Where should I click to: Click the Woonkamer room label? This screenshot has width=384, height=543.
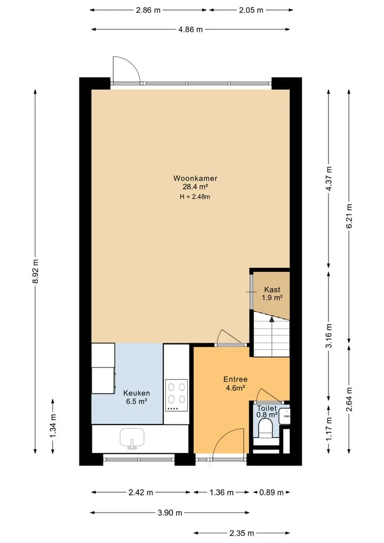point(195,178)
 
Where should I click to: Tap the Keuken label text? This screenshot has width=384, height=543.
point(137,393)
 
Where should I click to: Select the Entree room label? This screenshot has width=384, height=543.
point(235,379)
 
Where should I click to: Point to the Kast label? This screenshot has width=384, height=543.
point(272,289)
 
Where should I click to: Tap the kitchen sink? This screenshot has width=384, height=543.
point(132,438)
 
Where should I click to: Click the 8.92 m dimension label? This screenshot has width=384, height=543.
point(35,271)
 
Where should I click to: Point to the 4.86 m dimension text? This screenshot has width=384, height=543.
point(190,29)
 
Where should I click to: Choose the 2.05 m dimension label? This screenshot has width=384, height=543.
point(251,10)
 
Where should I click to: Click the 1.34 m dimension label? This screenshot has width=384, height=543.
point(53,425)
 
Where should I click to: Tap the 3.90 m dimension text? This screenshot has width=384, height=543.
point(170,513)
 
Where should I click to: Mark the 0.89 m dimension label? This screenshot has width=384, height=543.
point(271,492)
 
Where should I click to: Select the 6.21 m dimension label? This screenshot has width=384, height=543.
point(349,216)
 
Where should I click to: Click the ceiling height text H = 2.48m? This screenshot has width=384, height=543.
point(195,197)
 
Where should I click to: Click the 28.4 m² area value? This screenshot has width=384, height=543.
point(195,187)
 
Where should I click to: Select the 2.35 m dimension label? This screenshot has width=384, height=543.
point(242,533)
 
